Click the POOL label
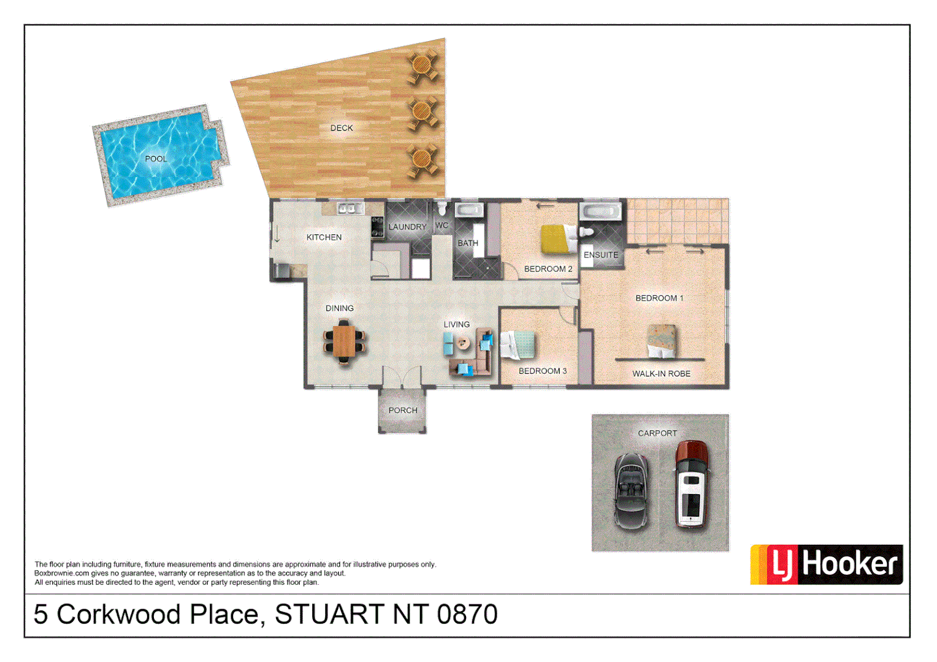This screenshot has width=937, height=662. click(156, 159)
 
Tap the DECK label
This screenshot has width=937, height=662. click(342, 128)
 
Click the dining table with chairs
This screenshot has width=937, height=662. click(344, 343)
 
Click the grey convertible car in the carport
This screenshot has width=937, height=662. click(632, 490)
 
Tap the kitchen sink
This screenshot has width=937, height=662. click(347, 209)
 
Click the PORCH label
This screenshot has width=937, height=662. click(403, 411)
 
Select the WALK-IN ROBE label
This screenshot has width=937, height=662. click(661, 374)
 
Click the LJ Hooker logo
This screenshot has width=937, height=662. click(826, 565)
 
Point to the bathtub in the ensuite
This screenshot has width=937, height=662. click(601, 212)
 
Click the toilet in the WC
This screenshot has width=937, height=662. click(442, 209)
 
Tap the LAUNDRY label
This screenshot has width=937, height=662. click(407, 227)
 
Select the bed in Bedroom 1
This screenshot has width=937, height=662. click(662, 341)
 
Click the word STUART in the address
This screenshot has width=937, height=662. click(329, 614)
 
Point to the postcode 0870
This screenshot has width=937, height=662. click(467, 614)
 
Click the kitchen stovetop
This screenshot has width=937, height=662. click(377, 227)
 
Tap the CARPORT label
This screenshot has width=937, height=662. click(657, 433)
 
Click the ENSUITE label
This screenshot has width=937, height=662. click(601, 255)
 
